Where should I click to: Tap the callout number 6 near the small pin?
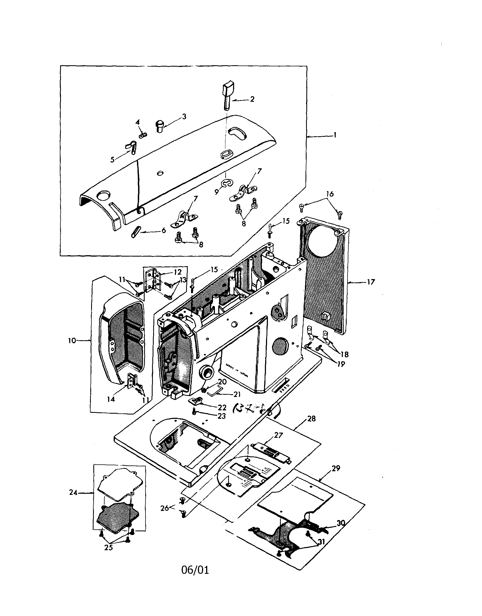tap(164, 231)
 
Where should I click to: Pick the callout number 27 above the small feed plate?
tap(278, 435)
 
